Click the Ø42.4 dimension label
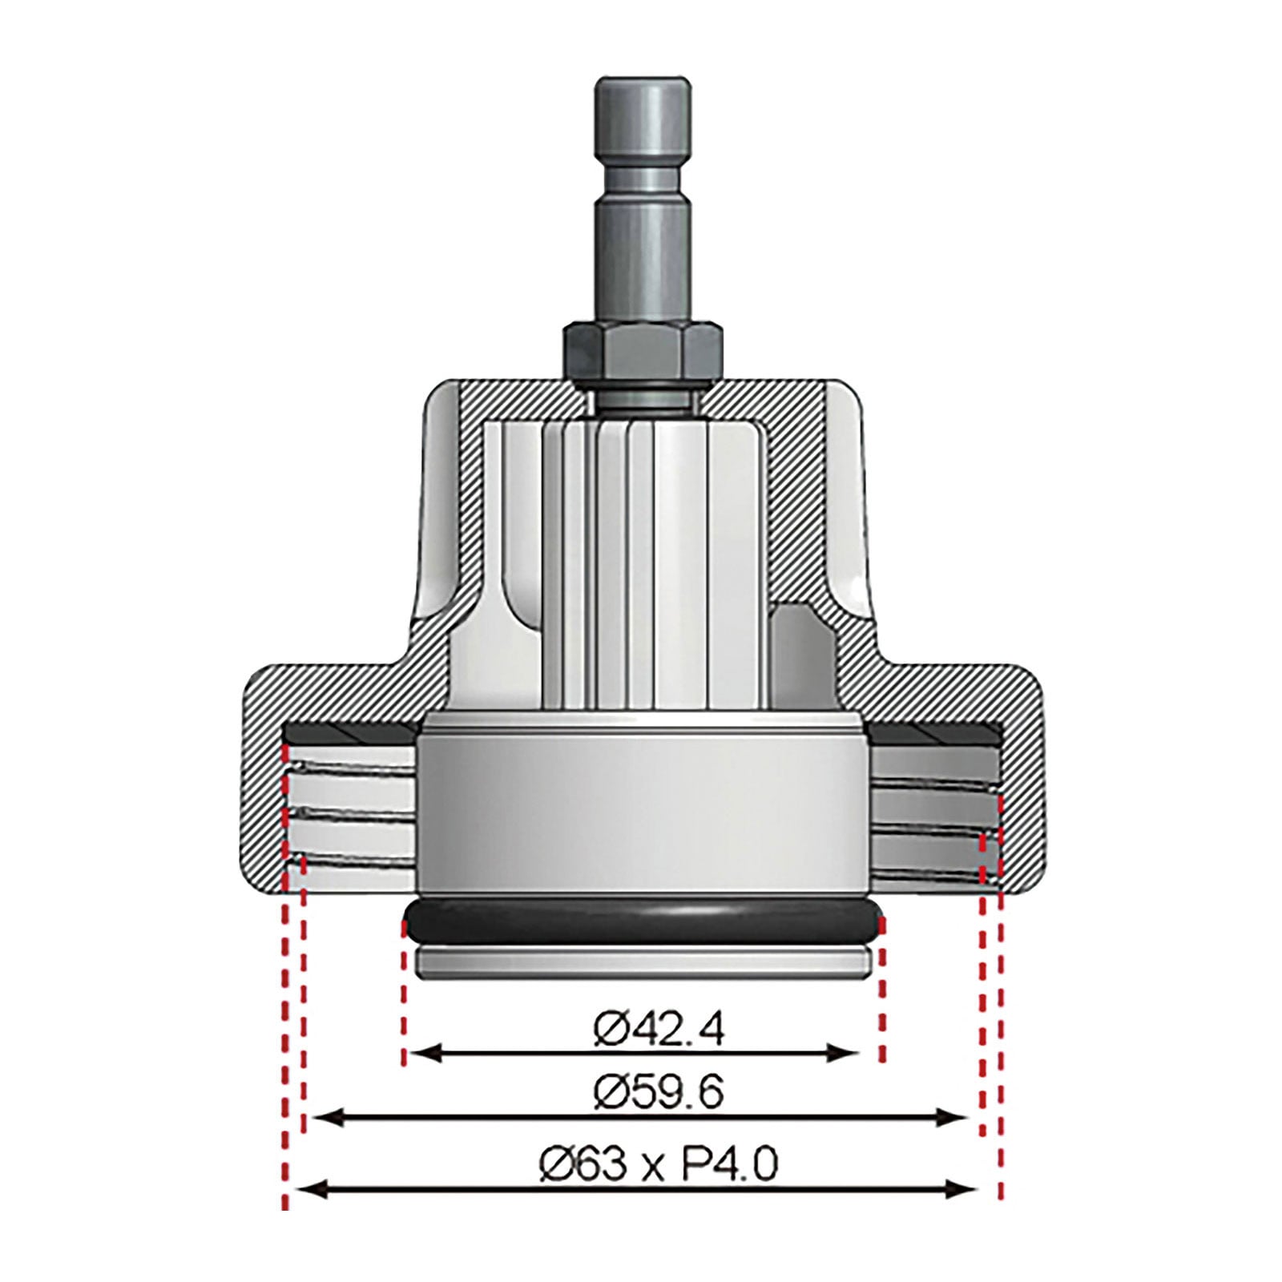(x=659, y=1029)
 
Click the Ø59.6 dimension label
(x=659, y=1092)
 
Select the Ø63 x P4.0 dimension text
(x=657, y=1164)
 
